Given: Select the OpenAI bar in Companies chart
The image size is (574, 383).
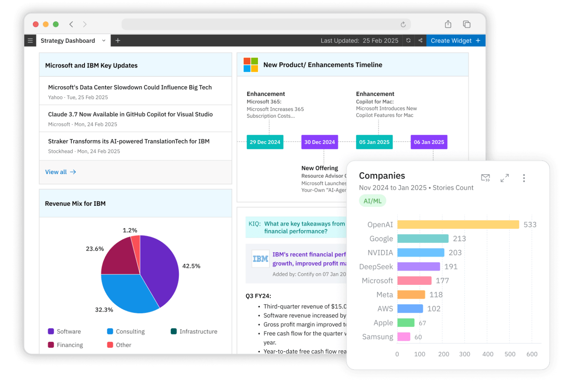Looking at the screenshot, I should (458, 225).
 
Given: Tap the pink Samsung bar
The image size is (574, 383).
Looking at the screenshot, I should (404, 337).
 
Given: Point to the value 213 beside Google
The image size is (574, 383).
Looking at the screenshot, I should (459, 239).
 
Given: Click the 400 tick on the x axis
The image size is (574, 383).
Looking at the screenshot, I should (488, 354).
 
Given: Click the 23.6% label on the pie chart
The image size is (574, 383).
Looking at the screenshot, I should (95, 249).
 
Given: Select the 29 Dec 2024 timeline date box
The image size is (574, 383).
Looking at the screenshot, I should (265, 142).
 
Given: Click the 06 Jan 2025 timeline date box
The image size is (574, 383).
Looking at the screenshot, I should (429, 142).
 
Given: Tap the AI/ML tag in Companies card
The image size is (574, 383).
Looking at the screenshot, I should (372, 201).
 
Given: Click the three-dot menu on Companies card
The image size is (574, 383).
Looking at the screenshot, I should (524, 178).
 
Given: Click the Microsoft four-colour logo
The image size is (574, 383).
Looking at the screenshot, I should (251, 65).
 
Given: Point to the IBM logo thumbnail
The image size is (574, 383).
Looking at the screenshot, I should (260, 259).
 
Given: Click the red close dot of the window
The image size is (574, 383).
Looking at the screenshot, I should (36, 24).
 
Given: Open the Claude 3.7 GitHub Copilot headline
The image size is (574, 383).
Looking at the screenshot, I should (130, 114).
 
